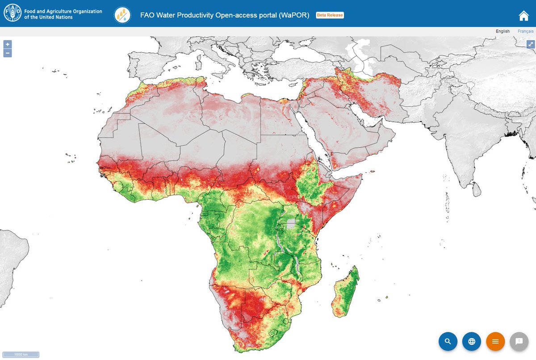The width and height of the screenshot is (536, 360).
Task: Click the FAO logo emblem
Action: pyautogui.click(x=13, y=14)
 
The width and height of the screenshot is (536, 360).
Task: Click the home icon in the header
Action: pyautogui.click(x=523, y=16)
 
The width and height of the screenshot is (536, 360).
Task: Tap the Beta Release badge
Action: pyautogui.click(x=330, y=15)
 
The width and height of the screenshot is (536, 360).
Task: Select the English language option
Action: pyautogui.click(x=502, y=31)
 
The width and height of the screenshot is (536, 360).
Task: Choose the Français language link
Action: pyautogui.click(x=525, y=31)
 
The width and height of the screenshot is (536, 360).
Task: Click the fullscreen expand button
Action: pyautogui.click(x=531, y=44)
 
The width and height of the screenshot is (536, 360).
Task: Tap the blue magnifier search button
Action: pyautogui.click(x=448, y=341)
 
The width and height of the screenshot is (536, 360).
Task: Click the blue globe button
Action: pyautogui.click(x=472, y=341)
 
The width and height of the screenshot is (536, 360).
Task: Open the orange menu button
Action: pyautogui.click(x=495, y=341)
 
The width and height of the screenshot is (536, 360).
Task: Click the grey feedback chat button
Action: pyautogui.click(x=519, y=341)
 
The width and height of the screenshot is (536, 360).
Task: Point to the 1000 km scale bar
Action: pyautogui.click(x=21, y=355)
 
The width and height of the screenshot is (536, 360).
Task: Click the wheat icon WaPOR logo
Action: pyautogui.click(x=122, y=15)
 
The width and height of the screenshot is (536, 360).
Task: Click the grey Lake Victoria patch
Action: pyautogui.click(x=291, y=224)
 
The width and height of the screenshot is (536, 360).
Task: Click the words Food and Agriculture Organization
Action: pyautogui.click(x=63, y=12)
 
